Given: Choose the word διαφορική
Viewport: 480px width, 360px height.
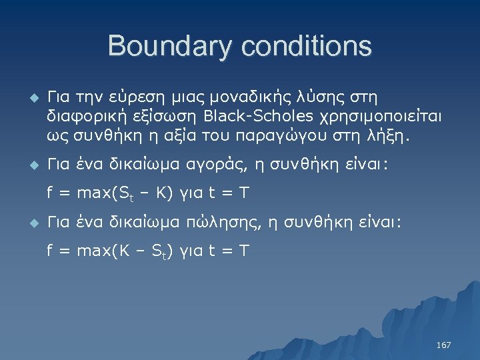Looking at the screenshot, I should tap(80, 117).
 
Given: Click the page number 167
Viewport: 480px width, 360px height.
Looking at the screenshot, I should tap(443, 345).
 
